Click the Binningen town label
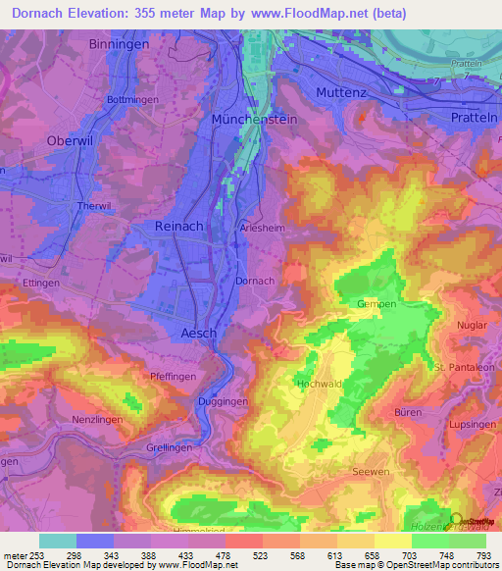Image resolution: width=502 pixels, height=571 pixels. [x=119, y=44]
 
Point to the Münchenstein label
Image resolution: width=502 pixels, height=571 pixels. [x=254, y=118]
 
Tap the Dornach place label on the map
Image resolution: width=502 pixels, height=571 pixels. [x=256, y=281]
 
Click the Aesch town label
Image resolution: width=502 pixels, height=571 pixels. [x=199, y=334]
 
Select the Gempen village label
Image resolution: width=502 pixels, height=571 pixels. [x=376, y=304]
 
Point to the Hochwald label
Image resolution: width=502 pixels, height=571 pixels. [x=319, y=383]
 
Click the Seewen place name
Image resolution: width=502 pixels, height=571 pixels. [x=370, y=471]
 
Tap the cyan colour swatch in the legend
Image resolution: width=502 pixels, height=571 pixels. [x=58, y=541]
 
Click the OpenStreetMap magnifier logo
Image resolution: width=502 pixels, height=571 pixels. [x=456, y=520]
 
